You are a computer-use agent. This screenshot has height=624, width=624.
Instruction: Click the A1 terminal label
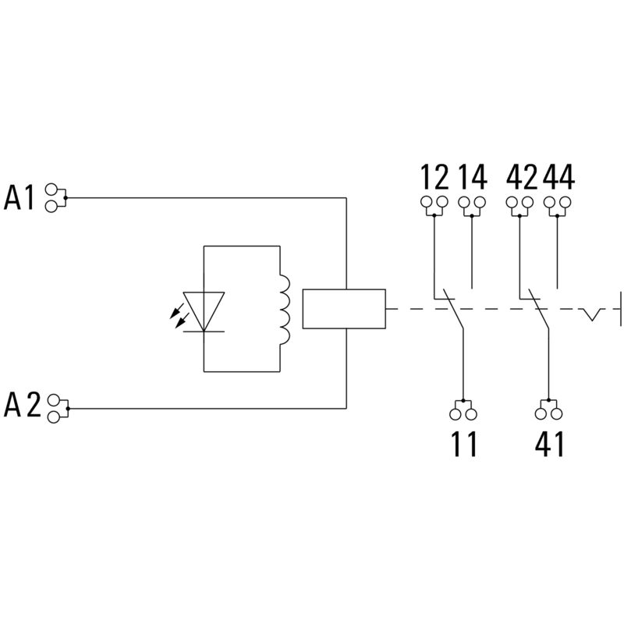click(x=19, y=197)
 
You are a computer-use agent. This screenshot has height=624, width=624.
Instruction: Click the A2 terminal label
click(x=21, y=406)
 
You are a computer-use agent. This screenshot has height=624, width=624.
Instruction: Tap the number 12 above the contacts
click(x=434, y=178)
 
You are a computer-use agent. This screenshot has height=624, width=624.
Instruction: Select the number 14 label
click(x=473, y=178)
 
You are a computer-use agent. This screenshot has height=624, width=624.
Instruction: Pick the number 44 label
click(x=558, y=178)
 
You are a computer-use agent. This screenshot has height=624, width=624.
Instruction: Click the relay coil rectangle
click(x=344, y=309)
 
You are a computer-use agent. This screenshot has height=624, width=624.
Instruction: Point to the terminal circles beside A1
click(x=54, y=197)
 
